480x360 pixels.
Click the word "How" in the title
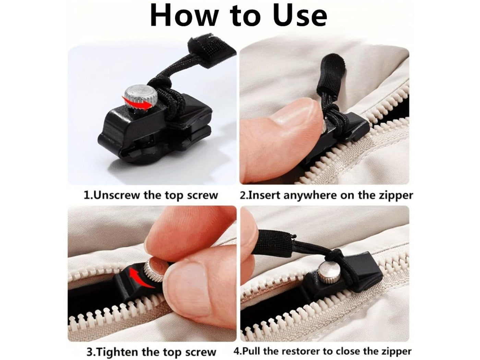(x=184, y=15)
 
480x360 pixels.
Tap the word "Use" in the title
(x=300, y=15)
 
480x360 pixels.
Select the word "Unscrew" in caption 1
(x=116, y=195)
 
